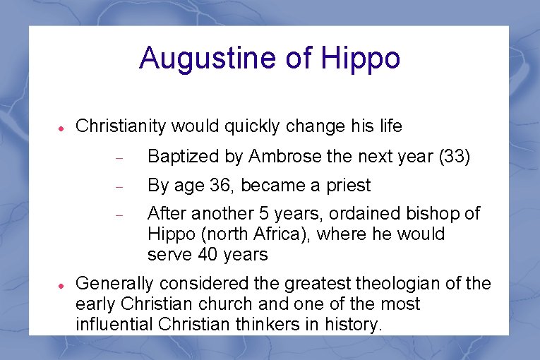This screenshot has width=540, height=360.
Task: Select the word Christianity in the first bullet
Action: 121,126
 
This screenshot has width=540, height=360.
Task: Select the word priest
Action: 347,186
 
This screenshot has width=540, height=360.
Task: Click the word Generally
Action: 114,284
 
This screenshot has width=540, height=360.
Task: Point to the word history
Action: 356,325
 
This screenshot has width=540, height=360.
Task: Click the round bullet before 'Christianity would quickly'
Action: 61,128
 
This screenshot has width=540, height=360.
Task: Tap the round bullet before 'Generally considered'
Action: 61,286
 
